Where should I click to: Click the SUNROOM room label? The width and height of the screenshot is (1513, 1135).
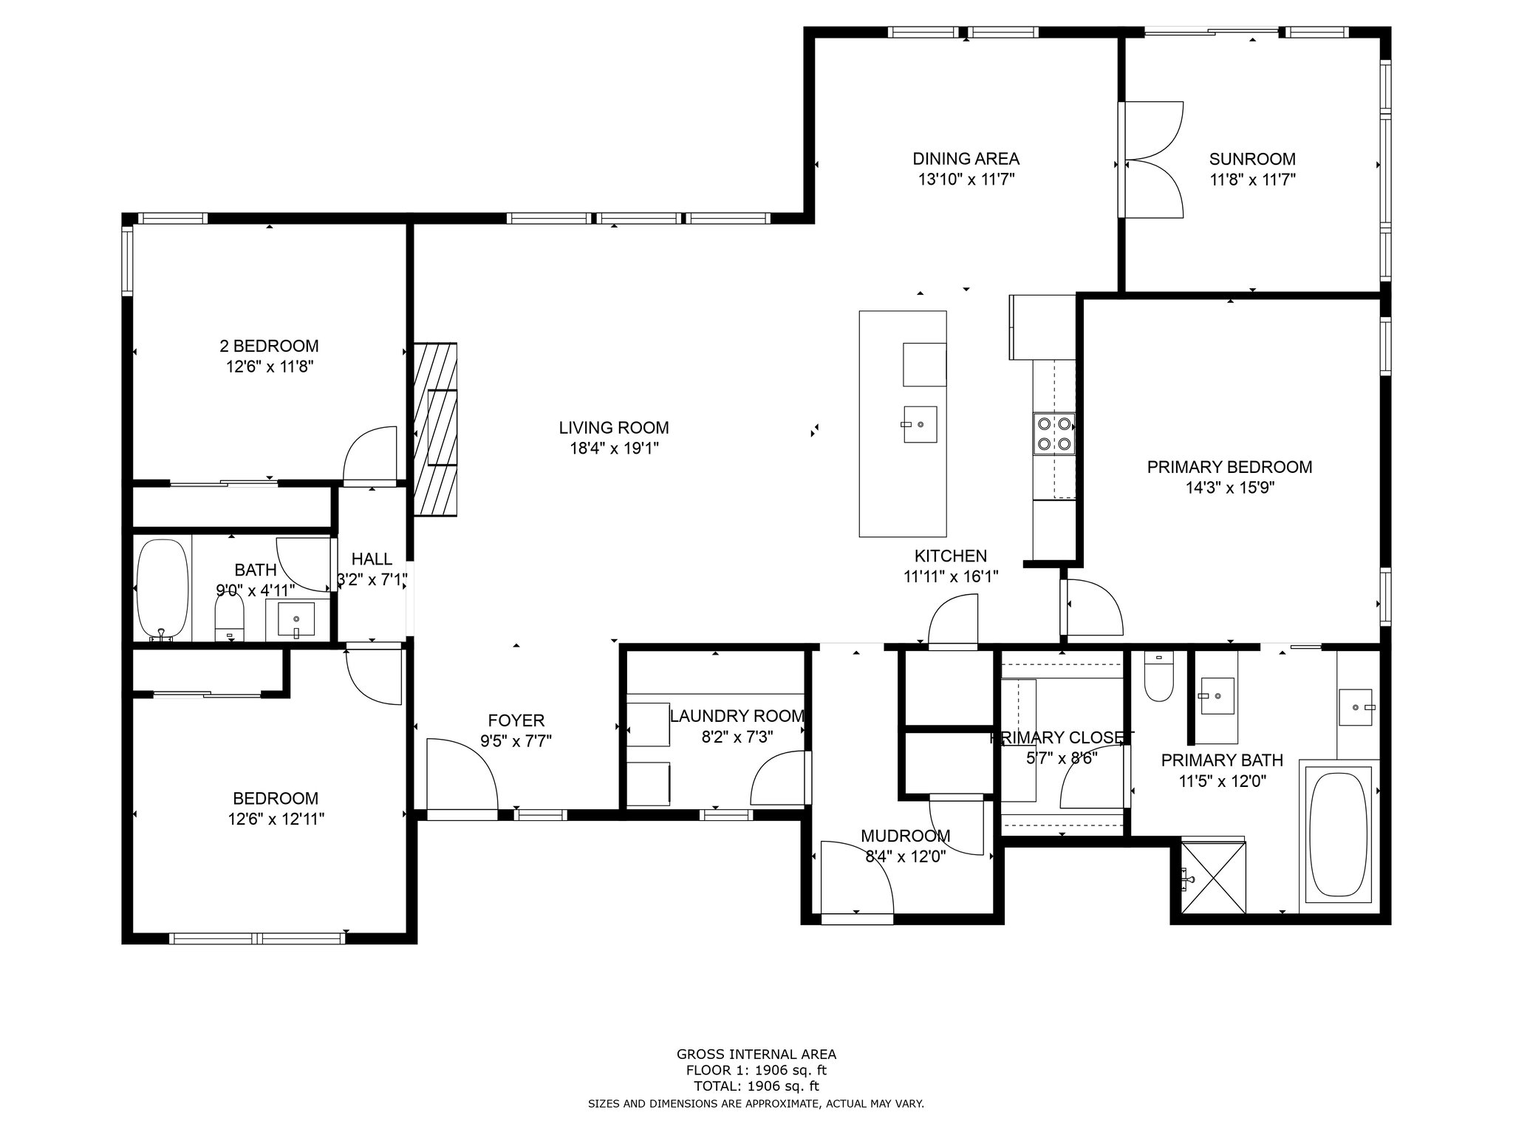[x=1252, y=159]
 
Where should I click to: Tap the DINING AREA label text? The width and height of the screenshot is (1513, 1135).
[x=966, y=159]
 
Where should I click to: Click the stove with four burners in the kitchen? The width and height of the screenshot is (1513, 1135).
[x=1054, y=434]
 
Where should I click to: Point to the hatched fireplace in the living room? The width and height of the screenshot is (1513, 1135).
[x=435, y=429]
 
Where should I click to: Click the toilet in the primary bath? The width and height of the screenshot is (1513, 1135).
[x=1158, y=676]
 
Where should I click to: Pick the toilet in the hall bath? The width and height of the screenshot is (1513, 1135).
[x=229, y=618]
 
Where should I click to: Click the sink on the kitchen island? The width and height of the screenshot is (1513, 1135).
[x=920, y=425]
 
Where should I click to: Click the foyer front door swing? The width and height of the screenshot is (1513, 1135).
[x=462, y=775]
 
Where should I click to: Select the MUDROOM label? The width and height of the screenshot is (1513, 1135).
[x=905, y=836]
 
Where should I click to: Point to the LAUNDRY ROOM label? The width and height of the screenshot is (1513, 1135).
[x=737, y=716]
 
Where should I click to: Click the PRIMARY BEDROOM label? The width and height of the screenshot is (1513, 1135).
[x=1229, y=467]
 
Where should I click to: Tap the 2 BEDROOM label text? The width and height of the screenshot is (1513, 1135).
[x=269, y=346]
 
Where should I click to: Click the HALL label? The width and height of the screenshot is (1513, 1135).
[x=372, y=559]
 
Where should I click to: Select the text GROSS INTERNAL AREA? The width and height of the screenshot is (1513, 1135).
[x=756, y=1054]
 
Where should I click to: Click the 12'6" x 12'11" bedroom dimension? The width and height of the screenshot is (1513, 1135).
[x=276, y=819]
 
